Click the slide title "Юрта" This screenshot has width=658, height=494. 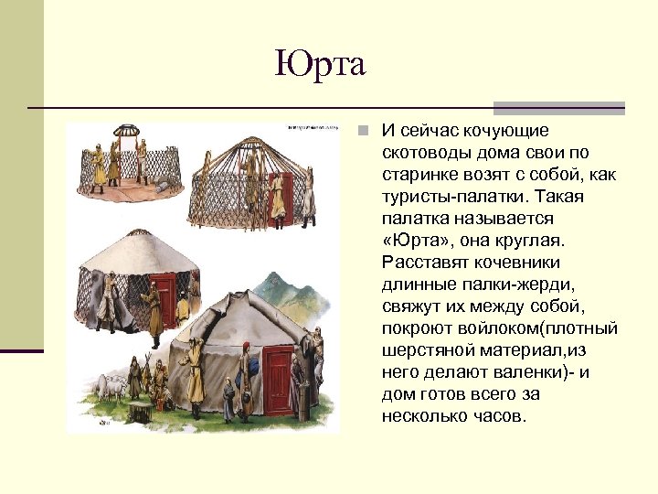tap(320, 64)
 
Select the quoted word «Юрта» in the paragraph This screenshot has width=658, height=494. tap(416, 241)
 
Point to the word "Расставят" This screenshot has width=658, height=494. tap(428, 263)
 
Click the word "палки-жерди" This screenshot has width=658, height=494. tap(505, 285)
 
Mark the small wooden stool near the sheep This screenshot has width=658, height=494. tap(140, 411)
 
